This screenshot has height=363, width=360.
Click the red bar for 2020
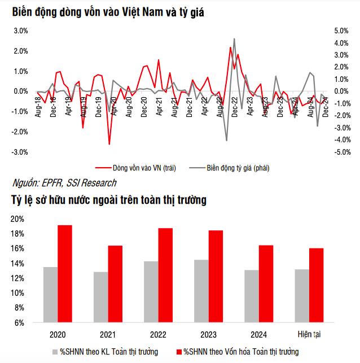pos(65,274)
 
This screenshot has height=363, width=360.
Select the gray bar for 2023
pos(201,291)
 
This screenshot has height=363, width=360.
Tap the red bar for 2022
pos(165,275)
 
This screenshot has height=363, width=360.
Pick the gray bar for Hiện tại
pos(302,296)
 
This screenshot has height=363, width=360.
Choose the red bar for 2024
pos(266,284)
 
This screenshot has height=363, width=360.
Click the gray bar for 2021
pos(101,297)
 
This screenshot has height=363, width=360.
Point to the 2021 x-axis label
pos(108,335)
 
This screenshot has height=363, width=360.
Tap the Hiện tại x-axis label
pos(309,334)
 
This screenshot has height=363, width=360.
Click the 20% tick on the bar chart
pos(17,219)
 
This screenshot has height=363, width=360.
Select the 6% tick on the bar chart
pos(19,323)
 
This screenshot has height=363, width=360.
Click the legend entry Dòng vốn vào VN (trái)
pos(135,168)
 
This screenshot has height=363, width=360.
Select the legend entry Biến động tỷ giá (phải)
pos(229,168)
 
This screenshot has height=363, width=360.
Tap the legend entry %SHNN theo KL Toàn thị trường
pos(106,352)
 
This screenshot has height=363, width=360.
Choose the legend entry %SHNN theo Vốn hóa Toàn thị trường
pos(238,352)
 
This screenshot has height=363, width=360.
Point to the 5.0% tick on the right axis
pos(341,30)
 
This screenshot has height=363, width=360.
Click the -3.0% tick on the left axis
pos(20,152)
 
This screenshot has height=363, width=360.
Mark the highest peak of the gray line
pos(234,39)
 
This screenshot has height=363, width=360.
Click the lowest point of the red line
pos(109,144)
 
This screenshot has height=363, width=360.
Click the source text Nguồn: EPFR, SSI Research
pos(64,183)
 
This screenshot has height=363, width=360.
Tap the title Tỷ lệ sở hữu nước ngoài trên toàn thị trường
pos(109,200)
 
